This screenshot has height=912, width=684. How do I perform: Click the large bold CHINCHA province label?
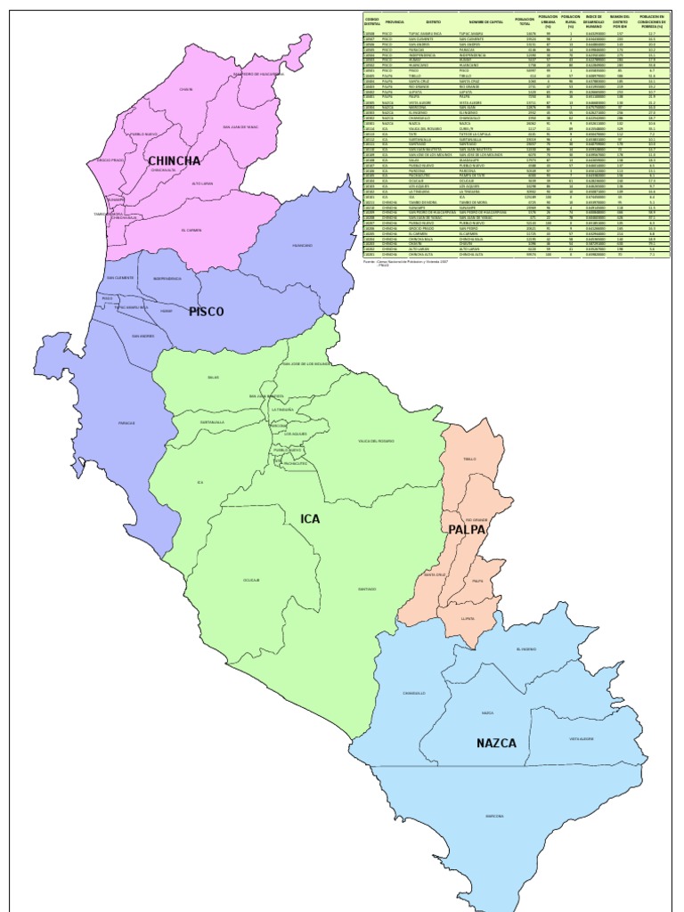(x=175, y=161)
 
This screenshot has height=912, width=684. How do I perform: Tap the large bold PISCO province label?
(x=206, y=312)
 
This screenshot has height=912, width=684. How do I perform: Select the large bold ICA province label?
(x=310, y=518)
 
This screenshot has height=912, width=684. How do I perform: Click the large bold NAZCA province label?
(x=496, y=743)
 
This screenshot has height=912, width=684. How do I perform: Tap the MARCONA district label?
(x=494, y=816)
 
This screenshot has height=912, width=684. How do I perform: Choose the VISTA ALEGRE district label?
(x=582, y=738)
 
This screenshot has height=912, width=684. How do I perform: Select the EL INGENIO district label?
(x=526, y=649)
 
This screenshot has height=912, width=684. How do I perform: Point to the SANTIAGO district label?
(x=368, y=589)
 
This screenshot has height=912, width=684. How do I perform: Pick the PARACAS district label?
(x=126, y=423)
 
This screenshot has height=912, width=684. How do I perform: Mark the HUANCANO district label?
(x=302, y=245)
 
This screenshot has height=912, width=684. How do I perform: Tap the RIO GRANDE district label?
(x=476, y=518)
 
